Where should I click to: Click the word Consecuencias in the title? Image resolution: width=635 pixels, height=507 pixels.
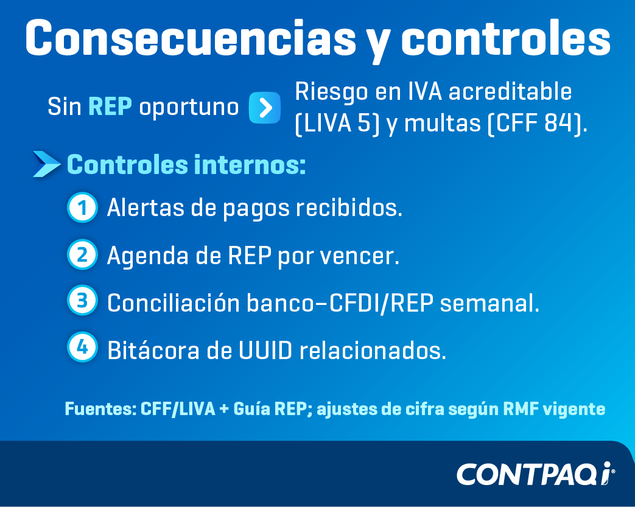tap(191, 38)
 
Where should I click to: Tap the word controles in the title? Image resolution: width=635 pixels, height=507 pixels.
tap(506, 38)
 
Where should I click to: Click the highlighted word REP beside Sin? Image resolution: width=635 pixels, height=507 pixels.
tap(110, 107)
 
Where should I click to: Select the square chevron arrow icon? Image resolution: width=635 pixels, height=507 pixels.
tap(264, 108)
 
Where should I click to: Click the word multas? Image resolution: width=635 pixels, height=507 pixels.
tap(442, 123)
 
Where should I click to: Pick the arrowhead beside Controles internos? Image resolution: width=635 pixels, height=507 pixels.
tap(46, 164)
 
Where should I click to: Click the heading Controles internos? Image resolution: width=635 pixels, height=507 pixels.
tap(186, 165)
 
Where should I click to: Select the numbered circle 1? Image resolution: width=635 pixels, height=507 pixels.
tap(82, 208)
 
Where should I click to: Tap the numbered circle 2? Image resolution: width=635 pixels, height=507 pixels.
tap(82, 254)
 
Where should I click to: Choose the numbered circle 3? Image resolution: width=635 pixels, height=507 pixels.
tap(82, 301)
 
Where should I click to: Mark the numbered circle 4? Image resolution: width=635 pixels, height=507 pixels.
tap(82, 347)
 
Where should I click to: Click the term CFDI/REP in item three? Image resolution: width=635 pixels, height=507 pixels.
tap(381, 302)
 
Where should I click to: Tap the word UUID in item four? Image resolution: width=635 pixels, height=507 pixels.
tap(265, 351)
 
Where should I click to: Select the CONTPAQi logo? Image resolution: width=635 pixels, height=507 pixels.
tap(536, 474)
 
